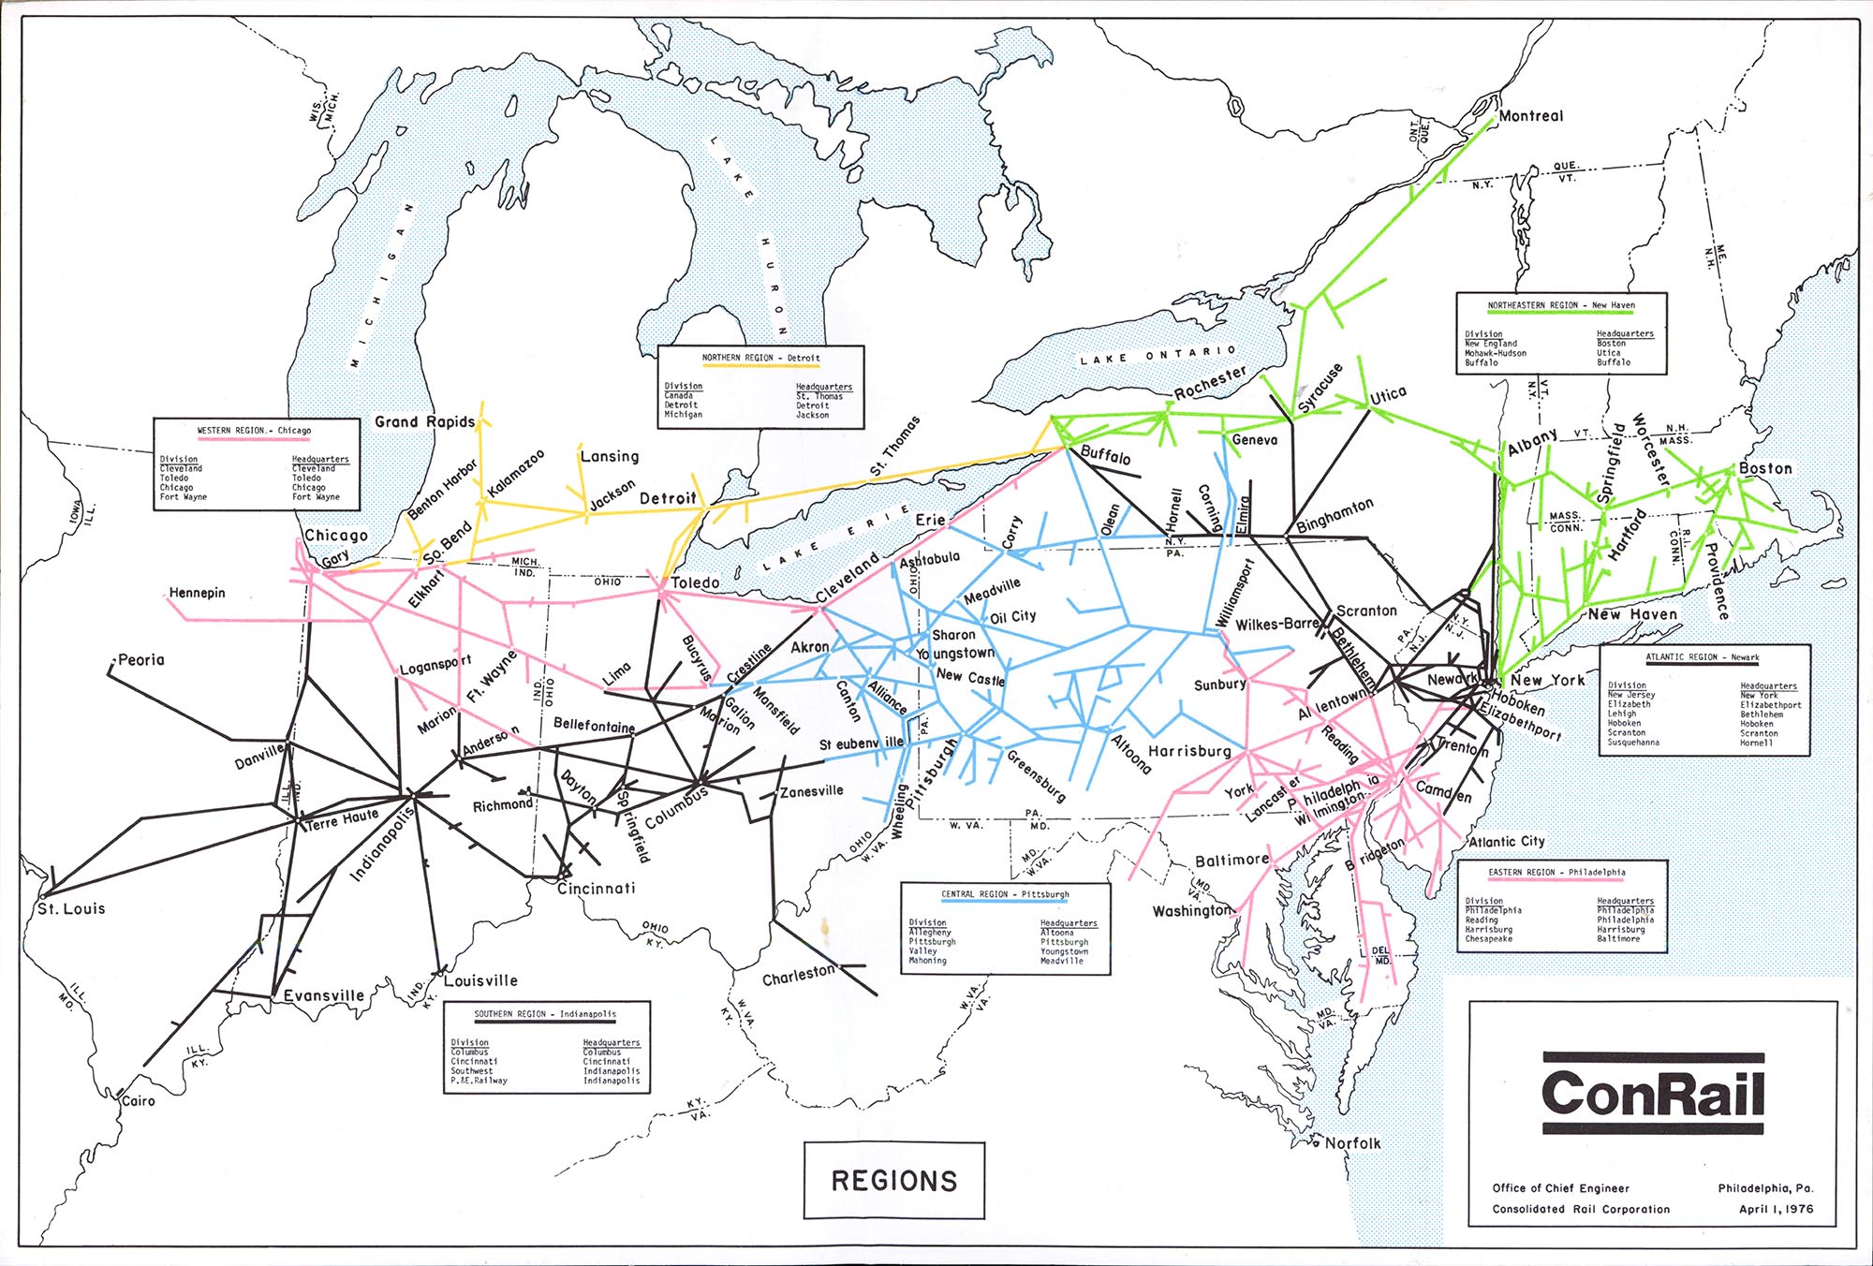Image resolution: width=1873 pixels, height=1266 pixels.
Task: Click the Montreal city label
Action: (x=1531, y=116)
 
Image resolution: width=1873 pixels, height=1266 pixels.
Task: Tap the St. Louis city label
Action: (x=71, y=908)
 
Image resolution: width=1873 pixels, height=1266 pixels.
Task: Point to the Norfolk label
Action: (x=1352, y=1143)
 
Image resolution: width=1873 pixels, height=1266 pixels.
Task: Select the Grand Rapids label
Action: (x=425, y=421)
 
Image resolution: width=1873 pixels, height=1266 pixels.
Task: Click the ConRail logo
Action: (x=1653, y=1095)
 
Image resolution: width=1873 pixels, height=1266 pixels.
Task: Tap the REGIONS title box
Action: (x=894, y=1181)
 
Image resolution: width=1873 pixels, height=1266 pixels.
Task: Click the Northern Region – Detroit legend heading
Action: (x=760, y=358)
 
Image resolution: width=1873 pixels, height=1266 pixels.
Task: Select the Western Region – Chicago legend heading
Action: (x=254, y=431)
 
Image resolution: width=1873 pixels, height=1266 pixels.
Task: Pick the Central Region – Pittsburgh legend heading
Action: (x=1005, y=894)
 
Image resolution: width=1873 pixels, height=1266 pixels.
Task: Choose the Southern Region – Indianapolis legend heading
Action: (x=545, y=1014)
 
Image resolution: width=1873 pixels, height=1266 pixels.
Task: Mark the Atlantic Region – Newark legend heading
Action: (x=1703, y=657)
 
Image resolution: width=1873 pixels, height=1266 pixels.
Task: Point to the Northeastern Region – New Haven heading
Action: (x=1561, y=305)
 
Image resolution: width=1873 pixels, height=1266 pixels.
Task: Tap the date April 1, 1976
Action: (x=1776, y=1209)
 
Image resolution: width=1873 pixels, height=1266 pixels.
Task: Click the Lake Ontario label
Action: (x=1158, y=355)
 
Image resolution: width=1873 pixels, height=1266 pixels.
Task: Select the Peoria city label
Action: (x=141, y=659)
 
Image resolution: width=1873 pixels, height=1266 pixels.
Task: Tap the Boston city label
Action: (x=1765, y=468)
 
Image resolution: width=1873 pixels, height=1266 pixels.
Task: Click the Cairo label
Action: (x=139, y=1100)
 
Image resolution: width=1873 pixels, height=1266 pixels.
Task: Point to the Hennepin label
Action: (x=198, y=593)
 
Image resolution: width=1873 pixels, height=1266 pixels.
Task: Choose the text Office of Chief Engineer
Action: (x=1560, y=1188)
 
